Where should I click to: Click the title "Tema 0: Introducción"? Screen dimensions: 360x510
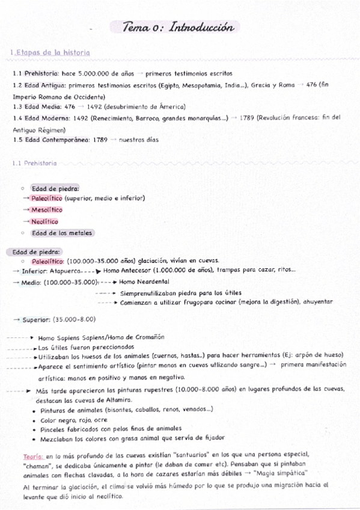(x=177, y=28)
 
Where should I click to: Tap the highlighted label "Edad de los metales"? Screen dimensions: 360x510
(x=62, y=233)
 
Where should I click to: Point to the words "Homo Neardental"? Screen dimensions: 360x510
(x=144, y=281)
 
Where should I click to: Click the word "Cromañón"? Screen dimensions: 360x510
(x=148, y=337)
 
